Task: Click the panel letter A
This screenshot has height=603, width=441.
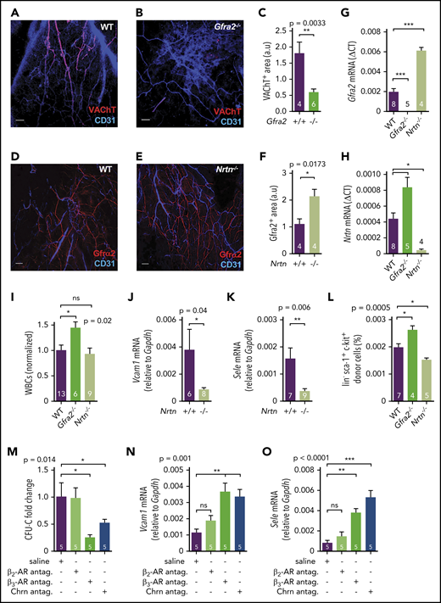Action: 6,7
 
